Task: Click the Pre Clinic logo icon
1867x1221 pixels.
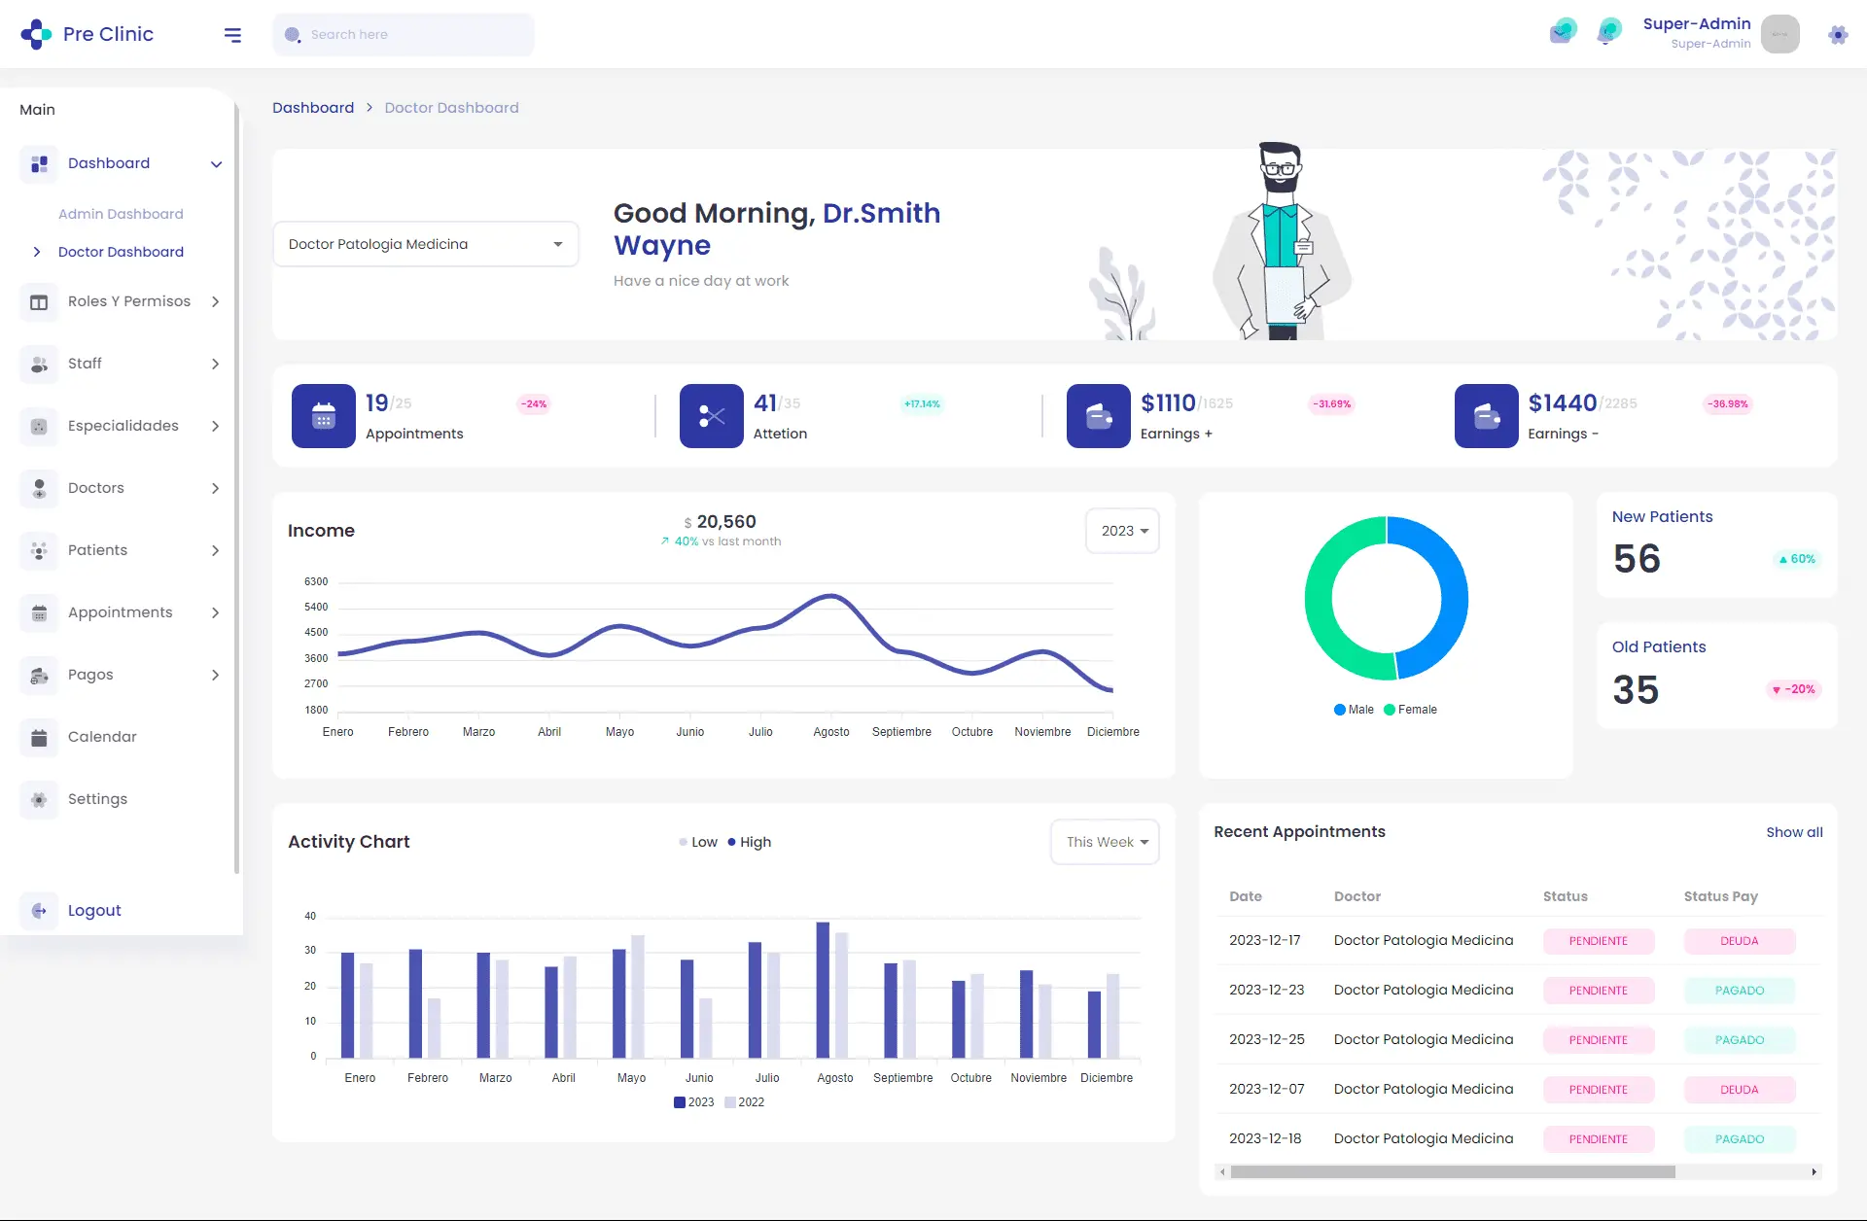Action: pyautogui.click(x=36, y=34)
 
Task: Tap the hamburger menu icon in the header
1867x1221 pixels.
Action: pyautogui.click(x=232, y=35)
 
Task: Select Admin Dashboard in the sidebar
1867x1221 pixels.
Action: pyautogui.click(x=121, y=214)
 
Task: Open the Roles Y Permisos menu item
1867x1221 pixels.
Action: pyautogui.click(x=129, y=301)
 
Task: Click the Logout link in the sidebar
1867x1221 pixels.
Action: pyautogui.click(x=94, y=911)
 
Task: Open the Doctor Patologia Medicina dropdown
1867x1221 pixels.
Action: pyautogui.click(x=426, y=244)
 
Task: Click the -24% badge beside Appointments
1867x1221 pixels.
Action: pyautogui.click(x=534, y=403)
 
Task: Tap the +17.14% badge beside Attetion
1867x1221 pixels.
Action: pyautogui.click(x=922, y=403)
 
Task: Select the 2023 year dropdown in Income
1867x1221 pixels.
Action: pyautogui.click(x=1123, y=531)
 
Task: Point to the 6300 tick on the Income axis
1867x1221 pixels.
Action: pyautogui.click(x=316, y=581)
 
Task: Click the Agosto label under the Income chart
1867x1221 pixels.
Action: pyautogui.click(x=831, y=732)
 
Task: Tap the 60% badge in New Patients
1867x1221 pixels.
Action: pyautogui.click(x=1797, y=559)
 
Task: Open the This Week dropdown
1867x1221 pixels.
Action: pyautogui.click(x=1106, y=842)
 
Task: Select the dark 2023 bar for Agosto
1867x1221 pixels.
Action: pyautogui.click(x=823, y=989)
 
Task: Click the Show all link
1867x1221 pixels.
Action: pyautogui.click(x=1794, y=832)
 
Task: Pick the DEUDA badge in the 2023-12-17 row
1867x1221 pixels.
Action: pyautogui.click(x=1739, y=941)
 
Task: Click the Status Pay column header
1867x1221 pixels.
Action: pyautogui.click(x=1720, y=896)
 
